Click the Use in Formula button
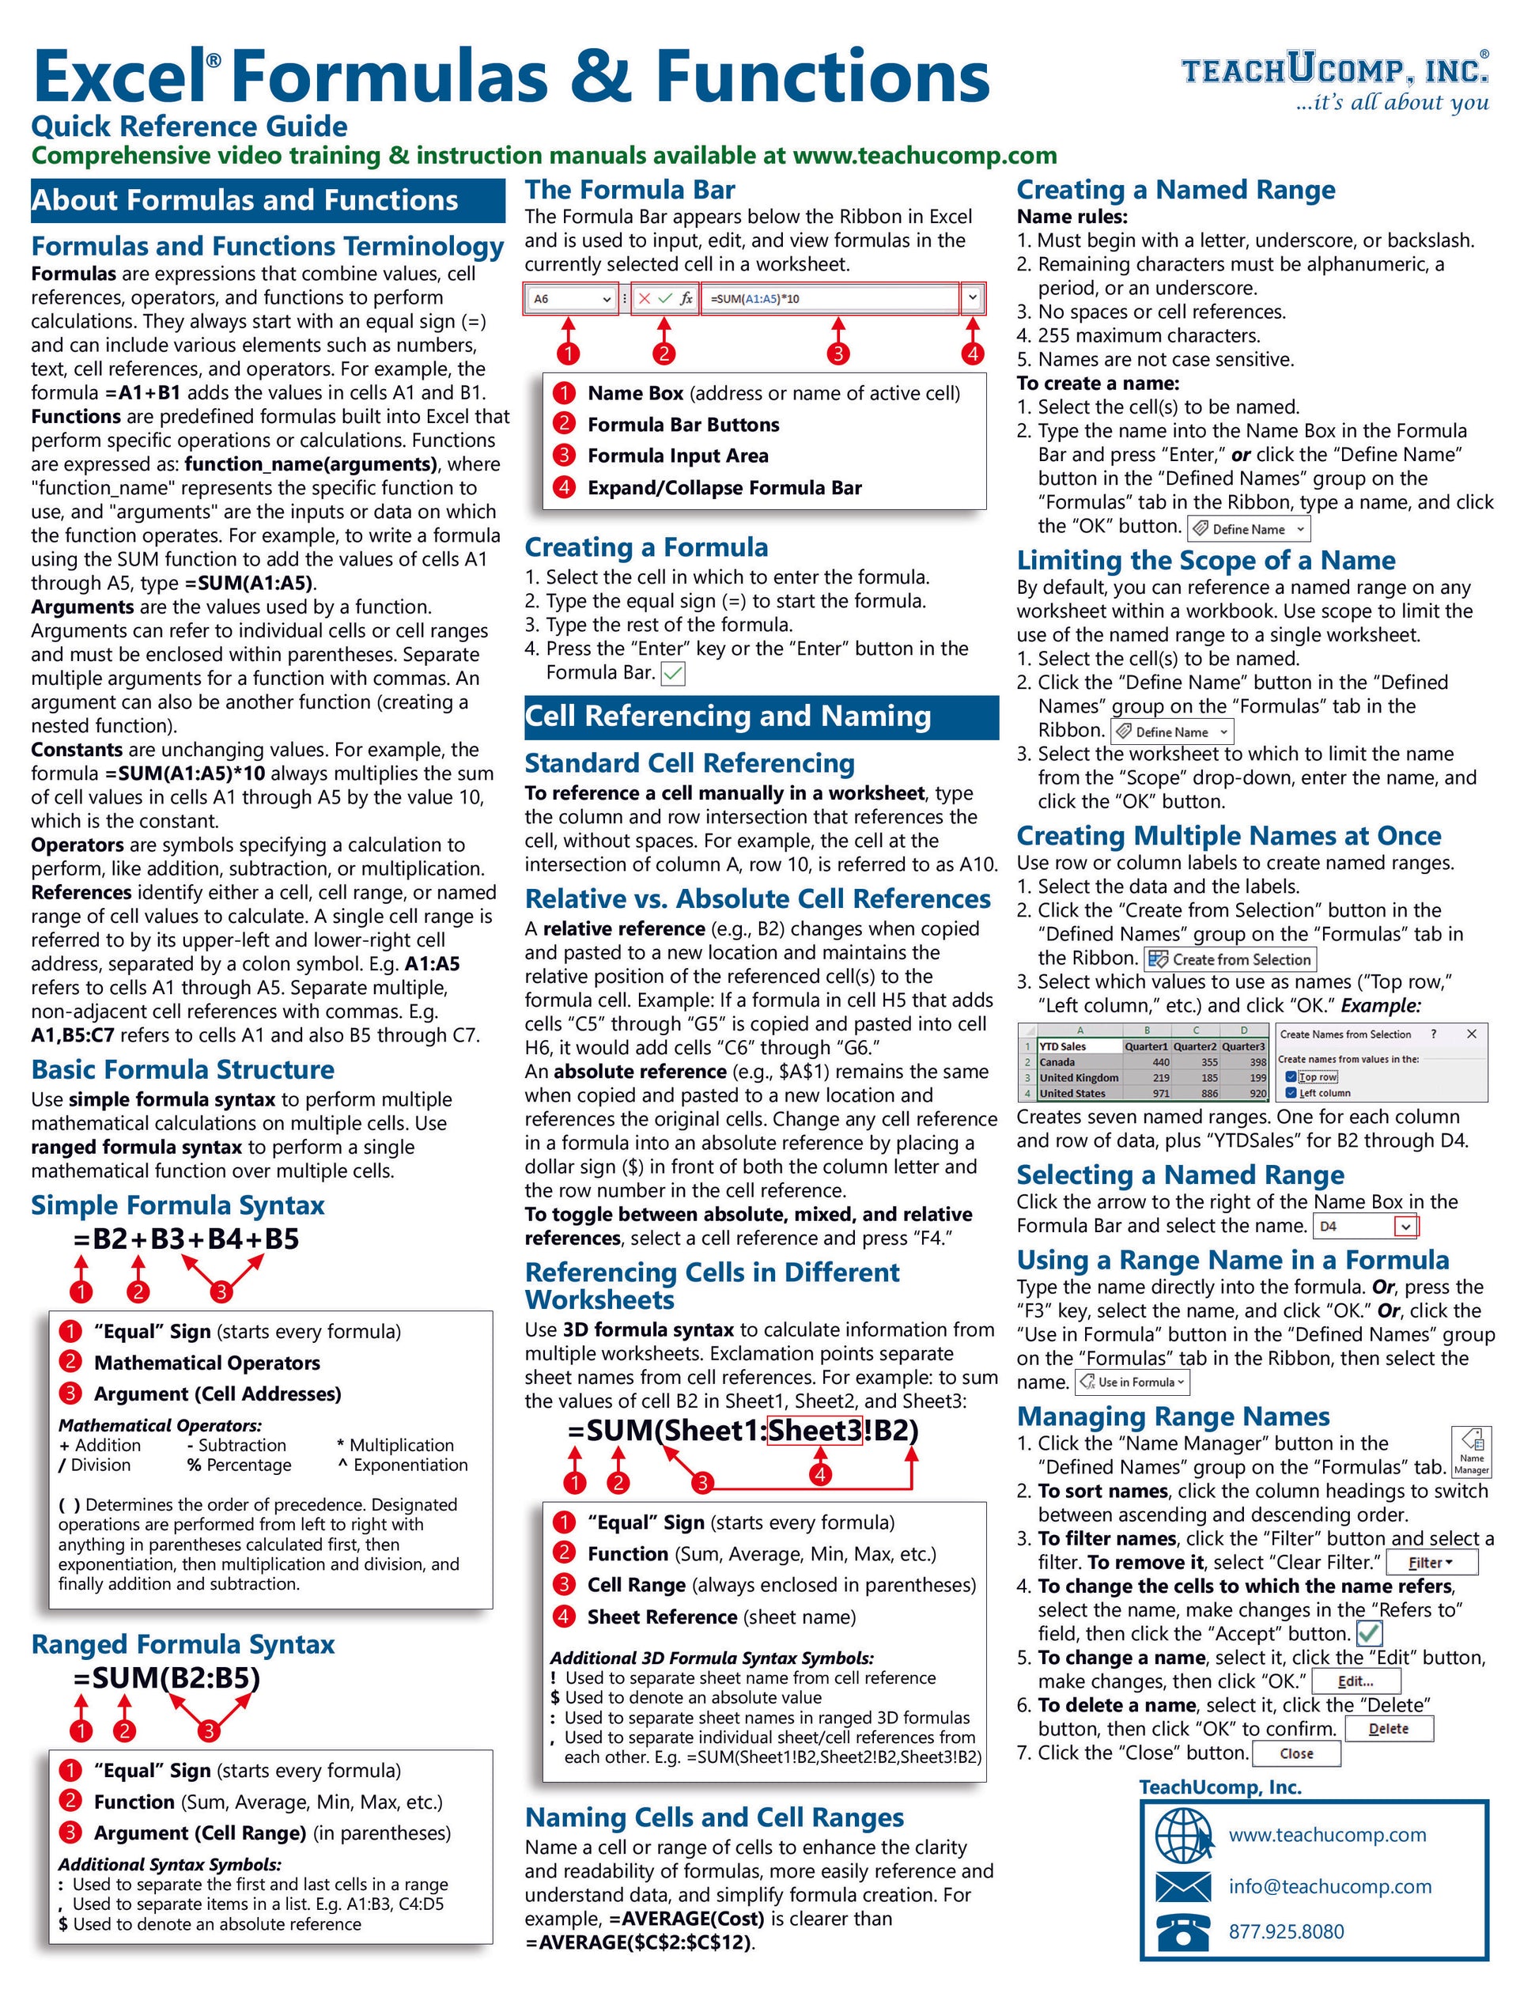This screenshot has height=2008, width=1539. coord(1133,1382)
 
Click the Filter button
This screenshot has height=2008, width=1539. coord(1431,1563)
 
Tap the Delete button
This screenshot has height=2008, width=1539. coord(1388,1730)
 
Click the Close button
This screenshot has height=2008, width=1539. coord(1296,1753)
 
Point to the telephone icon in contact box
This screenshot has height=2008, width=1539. coord(1182,1932)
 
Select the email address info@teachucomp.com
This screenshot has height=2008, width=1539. coord(1329,1886)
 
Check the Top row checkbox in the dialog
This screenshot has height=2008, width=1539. coord(1291,1077)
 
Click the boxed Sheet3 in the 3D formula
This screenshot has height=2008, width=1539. coord(815,1431)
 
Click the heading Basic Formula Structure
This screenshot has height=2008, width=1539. coord(183,1070)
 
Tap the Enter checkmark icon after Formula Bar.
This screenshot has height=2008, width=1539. coord(672,675)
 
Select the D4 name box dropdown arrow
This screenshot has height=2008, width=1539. coord(1405,1227)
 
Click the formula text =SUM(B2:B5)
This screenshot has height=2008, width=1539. coord(167,1678)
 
